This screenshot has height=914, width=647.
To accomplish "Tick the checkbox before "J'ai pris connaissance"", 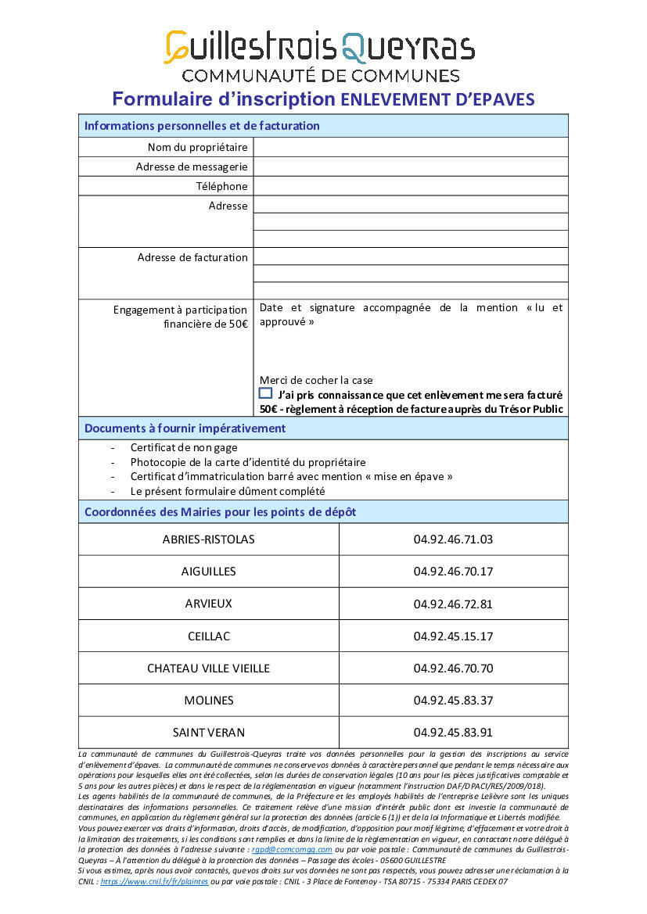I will pos(266,393).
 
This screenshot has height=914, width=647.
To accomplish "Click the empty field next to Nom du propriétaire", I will pos(411,147).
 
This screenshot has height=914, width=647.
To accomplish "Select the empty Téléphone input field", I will pos(411,186).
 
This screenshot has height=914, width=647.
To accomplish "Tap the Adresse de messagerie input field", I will pos(411,167).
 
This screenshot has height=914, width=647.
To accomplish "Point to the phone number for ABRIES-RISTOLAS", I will pos(453,539).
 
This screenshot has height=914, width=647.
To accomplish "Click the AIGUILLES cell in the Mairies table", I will pos(209,572).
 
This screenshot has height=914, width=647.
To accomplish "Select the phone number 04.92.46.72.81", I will pos(453,604).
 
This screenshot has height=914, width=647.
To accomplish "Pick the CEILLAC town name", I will pos(209,636).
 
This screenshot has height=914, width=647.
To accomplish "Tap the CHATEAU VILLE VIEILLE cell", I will pos(209,668).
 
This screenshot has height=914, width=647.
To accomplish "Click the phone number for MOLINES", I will pos(453,701).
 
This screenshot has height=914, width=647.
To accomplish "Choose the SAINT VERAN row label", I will pos(209,733).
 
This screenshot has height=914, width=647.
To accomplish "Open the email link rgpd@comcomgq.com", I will pos(292,849).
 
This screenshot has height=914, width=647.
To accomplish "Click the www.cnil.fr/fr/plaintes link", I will pos(154,881).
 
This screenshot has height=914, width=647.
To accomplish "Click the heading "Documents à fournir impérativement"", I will pos(185,428).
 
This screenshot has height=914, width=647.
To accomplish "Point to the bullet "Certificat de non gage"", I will pos(184,448).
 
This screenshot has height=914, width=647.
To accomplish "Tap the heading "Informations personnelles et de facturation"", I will pos(202,126).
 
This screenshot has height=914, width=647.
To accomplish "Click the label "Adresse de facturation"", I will pos(192,257).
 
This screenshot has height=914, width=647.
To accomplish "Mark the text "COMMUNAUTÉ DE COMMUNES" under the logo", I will pos(321,76).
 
